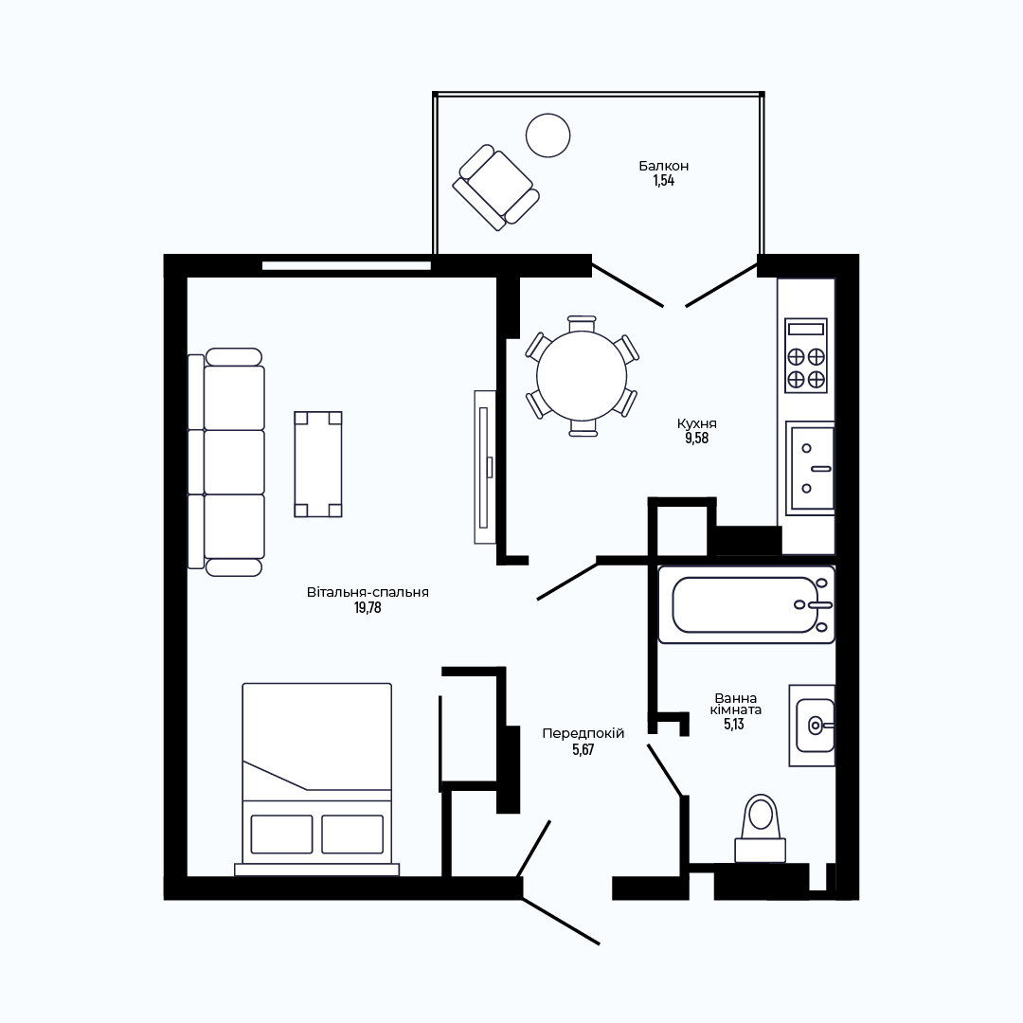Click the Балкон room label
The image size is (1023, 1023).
tap(663, 167)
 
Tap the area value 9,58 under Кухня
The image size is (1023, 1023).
tap(696, 439)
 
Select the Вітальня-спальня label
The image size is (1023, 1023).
tap(368, 592)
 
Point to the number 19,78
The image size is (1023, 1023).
tap(368, 608)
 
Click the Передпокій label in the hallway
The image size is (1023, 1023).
tap(583, 733)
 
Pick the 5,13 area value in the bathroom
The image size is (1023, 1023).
tap(734, 725)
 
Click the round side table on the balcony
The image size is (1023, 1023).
tap(548, 135)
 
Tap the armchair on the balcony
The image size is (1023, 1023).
tap(496, 188)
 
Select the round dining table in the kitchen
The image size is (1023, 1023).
tap(582, 376)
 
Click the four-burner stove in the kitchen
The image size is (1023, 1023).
tap(806, 355)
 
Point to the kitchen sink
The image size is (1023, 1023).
tap(810, 468)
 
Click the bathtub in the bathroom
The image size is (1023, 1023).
tap(746, 604)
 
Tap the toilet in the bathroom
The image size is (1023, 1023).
tap(760, 829)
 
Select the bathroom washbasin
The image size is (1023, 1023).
tap(813, 725)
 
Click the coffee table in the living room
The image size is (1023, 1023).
tap(318, 464)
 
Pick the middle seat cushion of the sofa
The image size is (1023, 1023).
tap(234, 462)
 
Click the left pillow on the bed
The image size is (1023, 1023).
tap(282, 834)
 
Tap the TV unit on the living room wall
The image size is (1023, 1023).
tap(485, 466)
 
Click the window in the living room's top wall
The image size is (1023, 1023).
tap(347, 265)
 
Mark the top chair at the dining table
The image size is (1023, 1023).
tap(582, 323)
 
